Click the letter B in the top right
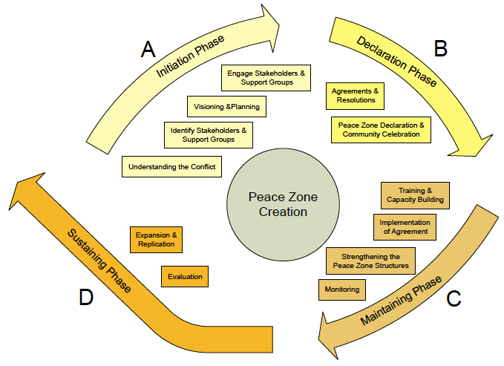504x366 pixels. [x=440, y=49]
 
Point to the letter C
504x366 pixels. [x=454, y=299]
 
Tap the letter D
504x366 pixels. [x=86, y=298]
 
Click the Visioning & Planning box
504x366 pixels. [x=226, y=106]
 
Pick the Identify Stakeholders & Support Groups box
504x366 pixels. [x=208, y=134]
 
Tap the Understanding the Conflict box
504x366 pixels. [x=171, y=166]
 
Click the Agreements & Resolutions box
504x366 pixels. [x=356, y=95]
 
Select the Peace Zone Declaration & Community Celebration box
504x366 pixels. [x=379, y=129]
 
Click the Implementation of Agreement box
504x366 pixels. [x=405, y=227]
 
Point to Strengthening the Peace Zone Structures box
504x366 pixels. [x=370, y=261]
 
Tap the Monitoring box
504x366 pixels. [x=341, y=289]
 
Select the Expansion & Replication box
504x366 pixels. [x=156, y=239]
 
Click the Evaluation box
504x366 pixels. [x=185, y=276]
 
